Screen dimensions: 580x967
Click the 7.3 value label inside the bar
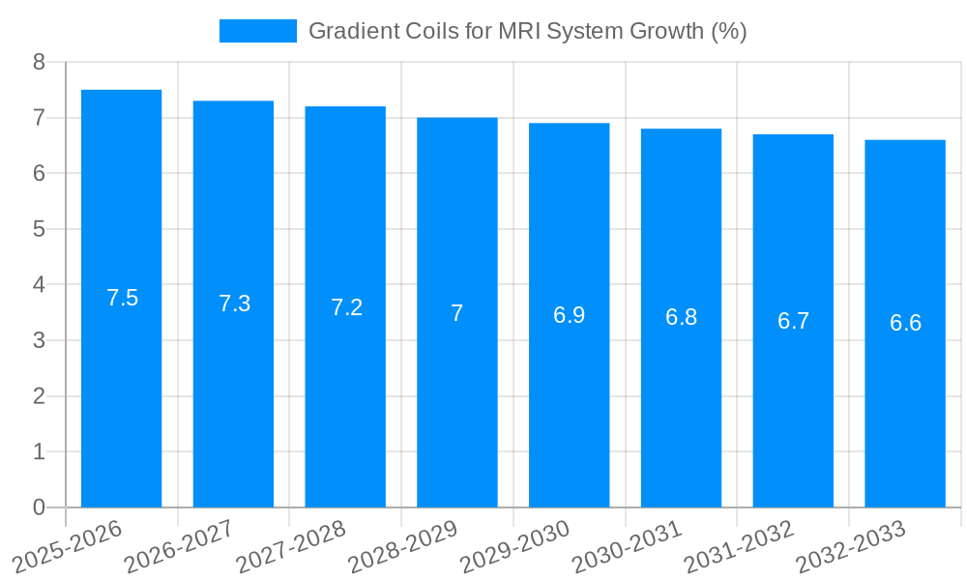(234, 304)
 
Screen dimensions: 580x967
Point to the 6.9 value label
(569, 315)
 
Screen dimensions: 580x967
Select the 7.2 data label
(346, 307)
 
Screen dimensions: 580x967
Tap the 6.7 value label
(793, 321)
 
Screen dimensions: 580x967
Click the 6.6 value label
(905, 323)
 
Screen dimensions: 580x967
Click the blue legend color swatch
(258, 31)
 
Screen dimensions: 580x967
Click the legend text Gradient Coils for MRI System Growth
(527, 31)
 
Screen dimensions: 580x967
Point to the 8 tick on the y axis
(39, 62)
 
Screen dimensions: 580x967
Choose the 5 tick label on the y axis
(39, 229)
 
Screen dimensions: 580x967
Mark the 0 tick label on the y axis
(39, 507)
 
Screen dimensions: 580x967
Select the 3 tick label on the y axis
(39, 340)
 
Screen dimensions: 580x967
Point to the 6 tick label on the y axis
(39, 173)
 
